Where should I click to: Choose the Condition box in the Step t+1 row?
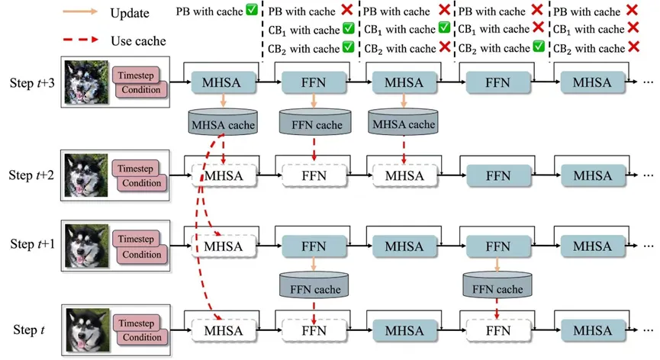click(142, 254)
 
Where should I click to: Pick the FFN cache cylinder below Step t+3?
click(314, 123)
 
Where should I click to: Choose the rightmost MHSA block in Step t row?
click(592, 330)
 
